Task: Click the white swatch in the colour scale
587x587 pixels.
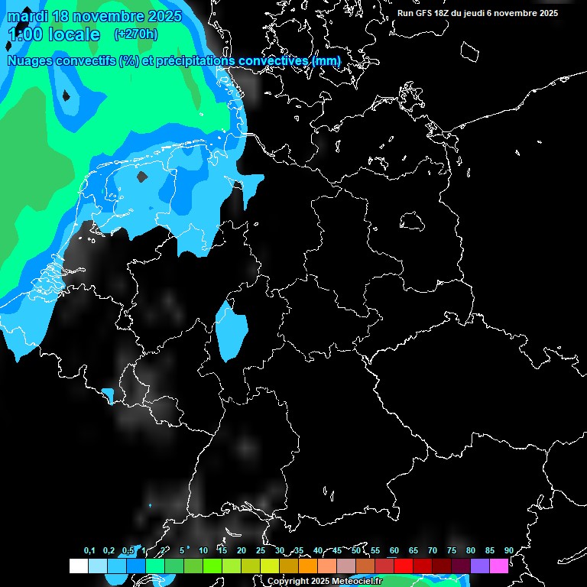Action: tap(79, 566)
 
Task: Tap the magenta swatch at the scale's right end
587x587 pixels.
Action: tap(499, 566)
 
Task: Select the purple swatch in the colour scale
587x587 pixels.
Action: tap(480, 566)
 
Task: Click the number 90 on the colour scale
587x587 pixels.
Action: tap(508, 550)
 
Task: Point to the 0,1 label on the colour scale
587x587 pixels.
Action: tap(89, 550)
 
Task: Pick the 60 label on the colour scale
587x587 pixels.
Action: tap(394, 550)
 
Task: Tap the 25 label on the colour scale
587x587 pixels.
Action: tap(260, 550)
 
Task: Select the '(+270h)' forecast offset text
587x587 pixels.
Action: tap(135, 34)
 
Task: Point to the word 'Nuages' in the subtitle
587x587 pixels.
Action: tap(33, 60)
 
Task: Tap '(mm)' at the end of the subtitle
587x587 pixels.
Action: tap(326, 60)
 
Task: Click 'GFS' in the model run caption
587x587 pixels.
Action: tap(426, 13)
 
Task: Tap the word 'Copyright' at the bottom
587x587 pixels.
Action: tap(288, 582)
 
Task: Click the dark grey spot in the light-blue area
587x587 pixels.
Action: tap(141, 177)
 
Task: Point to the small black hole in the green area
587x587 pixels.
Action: tap(66, 96)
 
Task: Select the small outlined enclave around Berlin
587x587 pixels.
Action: tap(412, 222)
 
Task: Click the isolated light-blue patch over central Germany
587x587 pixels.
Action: tap(230, 330)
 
